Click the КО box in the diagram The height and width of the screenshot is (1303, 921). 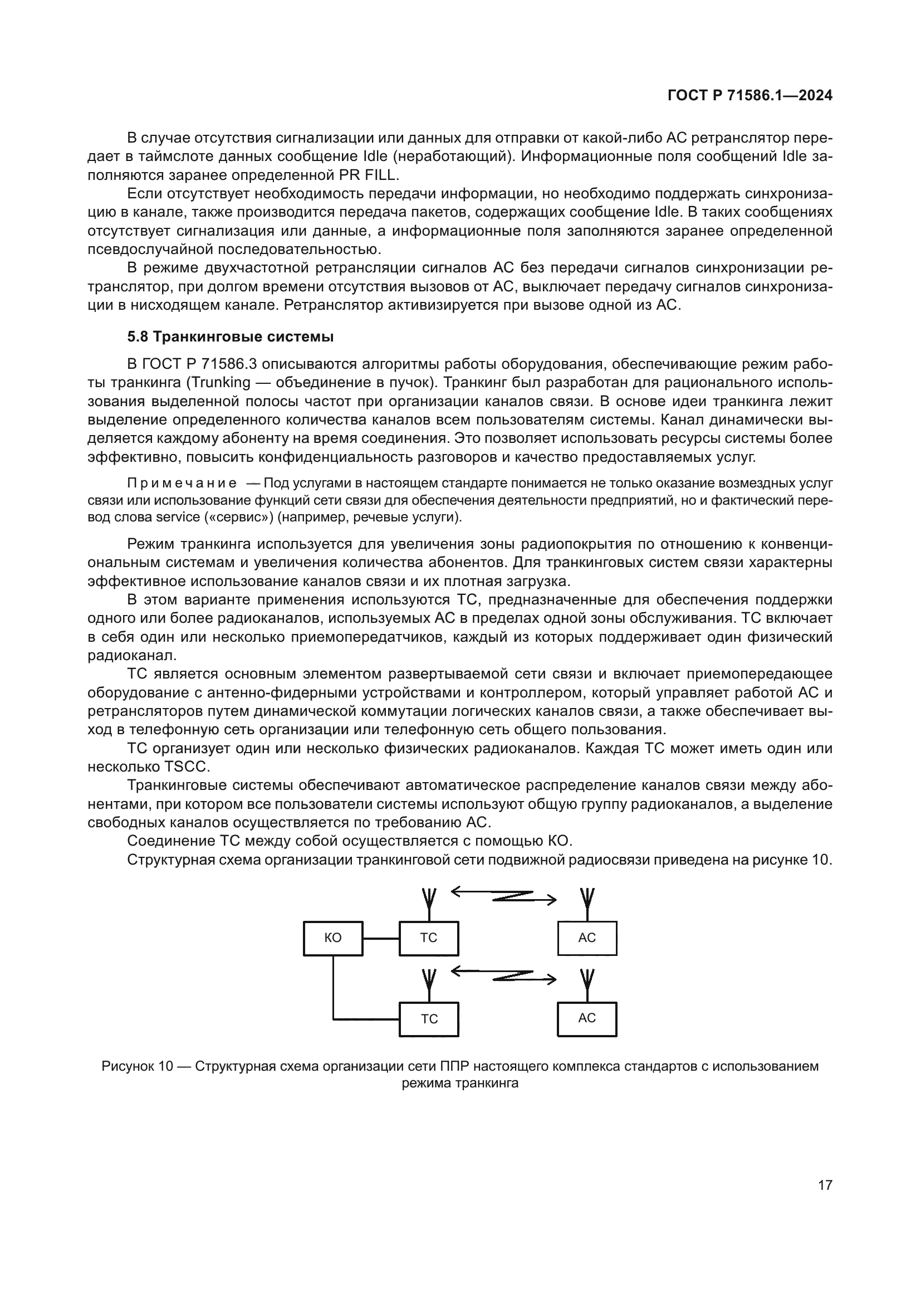coord(333,938)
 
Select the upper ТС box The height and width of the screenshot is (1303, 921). coord(429,938)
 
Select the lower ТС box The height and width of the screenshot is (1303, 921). coord(429,1019)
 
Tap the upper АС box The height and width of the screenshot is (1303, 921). coord(587,938)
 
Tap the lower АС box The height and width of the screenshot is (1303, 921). coord(587,1019)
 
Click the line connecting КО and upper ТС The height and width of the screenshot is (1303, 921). coord(381,938)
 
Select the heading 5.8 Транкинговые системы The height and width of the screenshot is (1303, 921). coord(231,337)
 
